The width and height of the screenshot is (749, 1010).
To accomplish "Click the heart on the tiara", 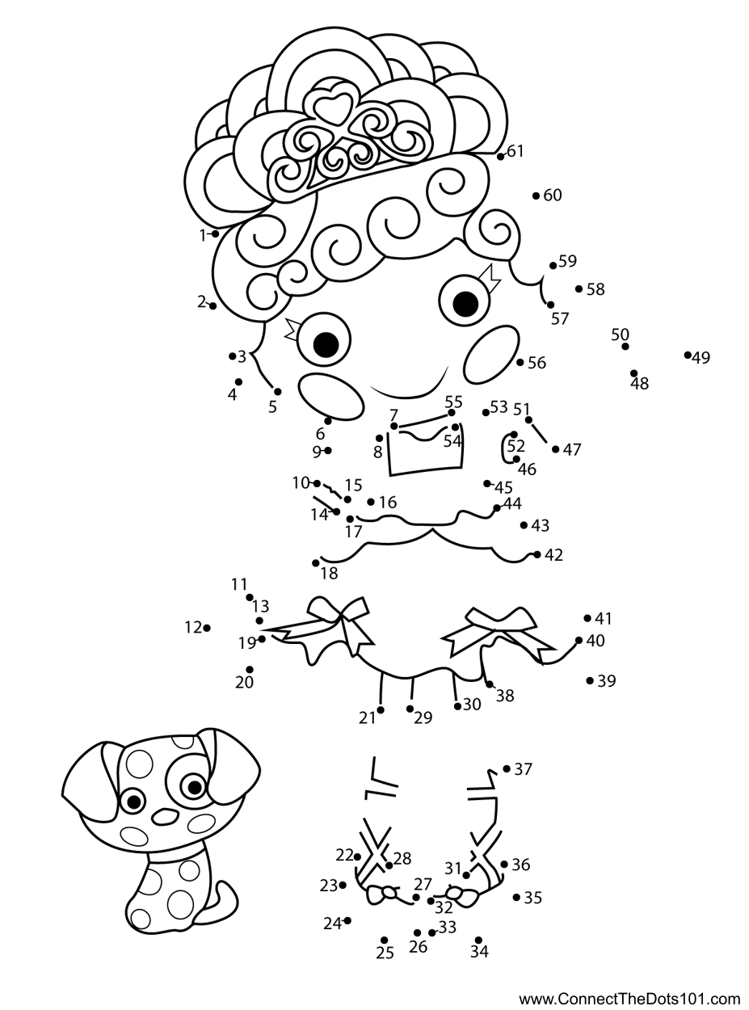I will [x=335, y=105].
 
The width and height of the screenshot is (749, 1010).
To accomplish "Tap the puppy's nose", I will [x=165, y=816].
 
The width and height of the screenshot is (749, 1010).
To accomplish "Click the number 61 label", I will [x=515, y=151].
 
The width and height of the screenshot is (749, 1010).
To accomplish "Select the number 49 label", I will [x=701, y=358].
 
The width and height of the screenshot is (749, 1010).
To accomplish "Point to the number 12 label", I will [x=192, y=627].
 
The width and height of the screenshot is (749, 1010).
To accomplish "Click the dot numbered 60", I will [x=537, y=196].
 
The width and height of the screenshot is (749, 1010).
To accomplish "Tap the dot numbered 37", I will [x=507, y=768].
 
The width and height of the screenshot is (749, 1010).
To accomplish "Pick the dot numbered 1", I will [x=216, y=234].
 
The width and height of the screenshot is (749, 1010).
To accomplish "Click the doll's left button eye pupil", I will [x=325, y=344].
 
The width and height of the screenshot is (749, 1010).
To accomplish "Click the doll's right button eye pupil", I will [x=465, y=304].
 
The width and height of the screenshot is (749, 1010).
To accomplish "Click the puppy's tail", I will [x=223, y=901].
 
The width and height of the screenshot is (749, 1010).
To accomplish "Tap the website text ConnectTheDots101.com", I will [x=629, y=999].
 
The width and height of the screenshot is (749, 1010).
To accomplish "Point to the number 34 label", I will [x=479, y=953].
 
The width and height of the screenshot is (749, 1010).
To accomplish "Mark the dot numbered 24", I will [x=347, y=920].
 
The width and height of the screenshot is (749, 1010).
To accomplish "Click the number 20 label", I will [x=245, y=683].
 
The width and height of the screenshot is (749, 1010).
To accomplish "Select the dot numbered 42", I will [x=537, y=554].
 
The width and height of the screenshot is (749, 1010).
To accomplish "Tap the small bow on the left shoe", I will [x=382, y=894].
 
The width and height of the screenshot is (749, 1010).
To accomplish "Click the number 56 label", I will [x=537, y=363].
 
